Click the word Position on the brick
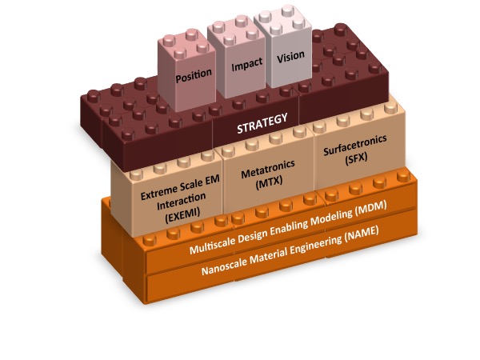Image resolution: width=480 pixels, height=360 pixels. pos(194,74)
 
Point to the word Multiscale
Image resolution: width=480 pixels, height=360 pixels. pos(213,250)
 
